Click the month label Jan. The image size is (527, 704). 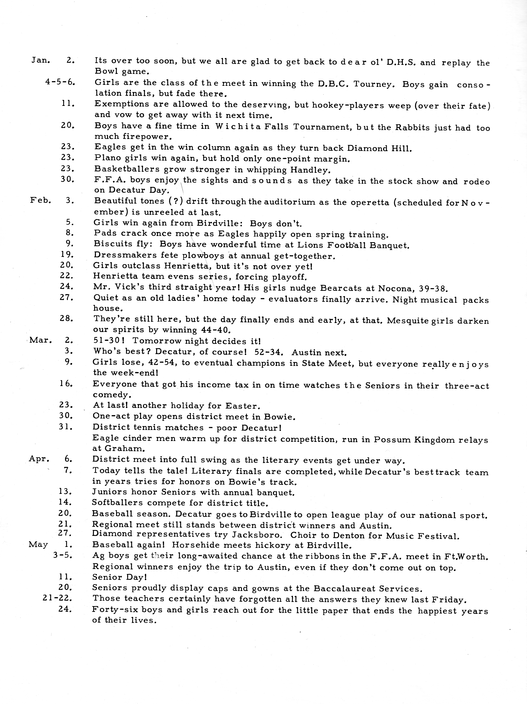(x=40, y=60)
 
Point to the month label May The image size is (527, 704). (x=38, y=545)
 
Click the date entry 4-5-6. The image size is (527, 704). (x=60, y=82)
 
